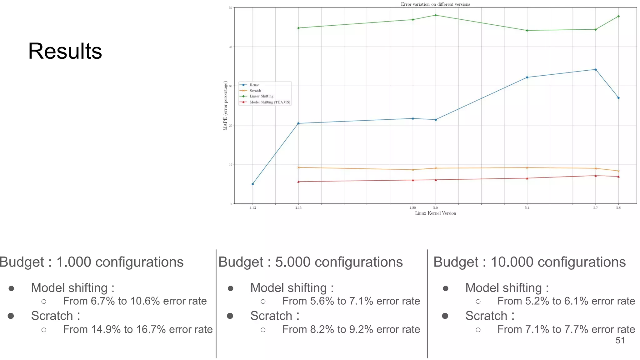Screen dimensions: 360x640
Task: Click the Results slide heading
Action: coord(65,51)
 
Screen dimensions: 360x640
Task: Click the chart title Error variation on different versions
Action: coord(435,4)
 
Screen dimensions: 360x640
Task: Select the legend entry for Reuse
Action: coord(254,85)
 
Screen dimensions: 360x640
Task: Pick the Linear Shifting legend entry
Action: coord(261,96)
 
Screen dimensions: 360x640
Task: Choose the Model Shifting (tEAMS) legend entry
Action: coord(269,102)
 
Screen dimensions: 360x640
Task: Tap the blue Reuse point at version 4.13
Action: coord(252,184)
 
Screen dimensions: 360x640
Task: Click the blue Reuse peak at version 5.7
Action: coord(595,70)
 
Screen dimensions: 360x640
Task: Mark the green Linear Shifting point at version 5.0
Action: coord(436,15)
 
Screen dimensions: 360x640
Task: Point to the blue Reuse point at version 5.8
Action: coord(618,98)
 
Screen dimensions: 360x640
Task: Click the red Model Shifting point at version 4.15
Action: coord(298,182)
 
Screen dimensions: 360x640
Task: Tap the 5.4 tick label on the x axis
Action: coord(527,208)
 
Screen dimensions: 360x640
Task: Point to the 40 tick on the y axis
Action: coord(231,47)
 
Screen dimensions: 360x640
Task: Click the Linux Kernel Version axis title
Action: coord(435,213)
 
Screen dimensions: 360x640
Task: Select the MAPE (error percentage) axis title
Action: coord(225,106)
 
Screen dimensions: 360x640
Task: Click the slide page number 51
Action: coord(620,340)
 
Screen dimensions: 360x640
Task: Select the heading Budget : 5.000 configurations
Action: coord(311,262)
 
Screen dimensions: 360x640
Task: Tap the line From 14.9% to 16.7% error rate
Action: coord(137,329)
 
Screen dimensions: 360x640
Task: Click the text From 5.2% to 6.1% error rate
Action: coord(566,301)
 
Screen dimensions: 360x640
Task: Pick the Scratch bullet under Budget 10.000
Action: coord(489,316)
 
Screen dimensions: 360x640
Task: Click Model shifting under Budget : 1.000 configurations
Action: coord(72,288)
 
